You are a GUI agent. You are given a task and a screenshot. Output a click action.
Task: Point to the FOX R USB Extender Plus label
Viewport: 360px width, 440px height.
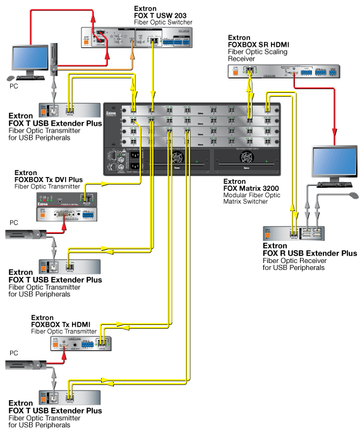[x=309, y=253]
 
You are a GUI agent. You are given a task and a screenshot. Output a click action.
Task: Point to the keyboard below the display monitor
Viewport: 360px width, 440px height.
[x=331, y=185]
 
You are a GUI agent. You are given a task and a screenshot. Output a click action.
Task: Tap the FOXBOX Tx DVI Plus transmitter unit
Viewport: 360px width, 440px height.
[x=66, y=207]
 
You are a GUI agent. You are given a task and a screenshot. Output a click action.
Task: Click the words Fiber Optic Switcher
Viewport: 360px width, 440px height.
[x=163, y=23]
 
